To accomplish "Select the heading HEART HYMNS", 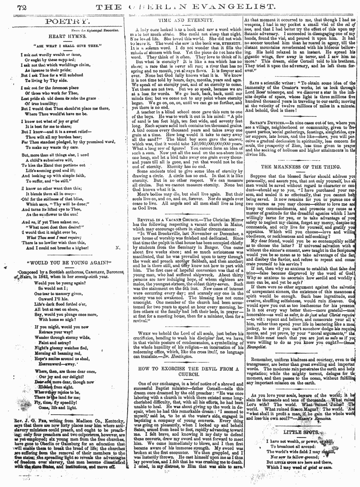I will point(64,36).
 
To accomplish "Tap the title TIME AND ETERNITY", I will point(185,20).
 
